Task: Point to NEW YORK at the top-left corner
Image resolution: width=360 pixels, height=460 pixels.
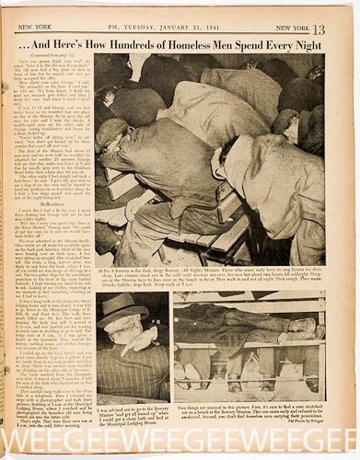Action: [x=33, y=11]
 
